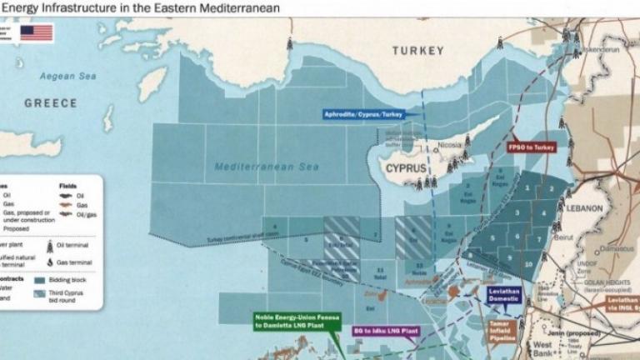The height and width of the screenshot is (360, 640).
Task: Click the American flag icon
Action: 37,32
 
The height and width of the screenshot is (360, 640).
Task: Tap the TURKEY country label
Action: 418,51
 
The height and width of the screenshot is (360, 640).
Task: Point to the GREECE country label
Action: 50,103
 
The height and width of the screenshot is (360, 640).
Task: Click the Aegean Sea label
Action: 68,76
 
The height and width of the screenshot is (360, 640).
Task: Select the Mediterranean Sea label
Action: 267,167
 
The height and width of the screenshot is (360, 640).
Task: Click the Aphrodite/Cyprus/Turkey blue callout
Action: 363,114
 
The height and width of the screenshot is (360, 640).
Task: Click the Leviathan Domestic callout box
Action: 505,295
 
